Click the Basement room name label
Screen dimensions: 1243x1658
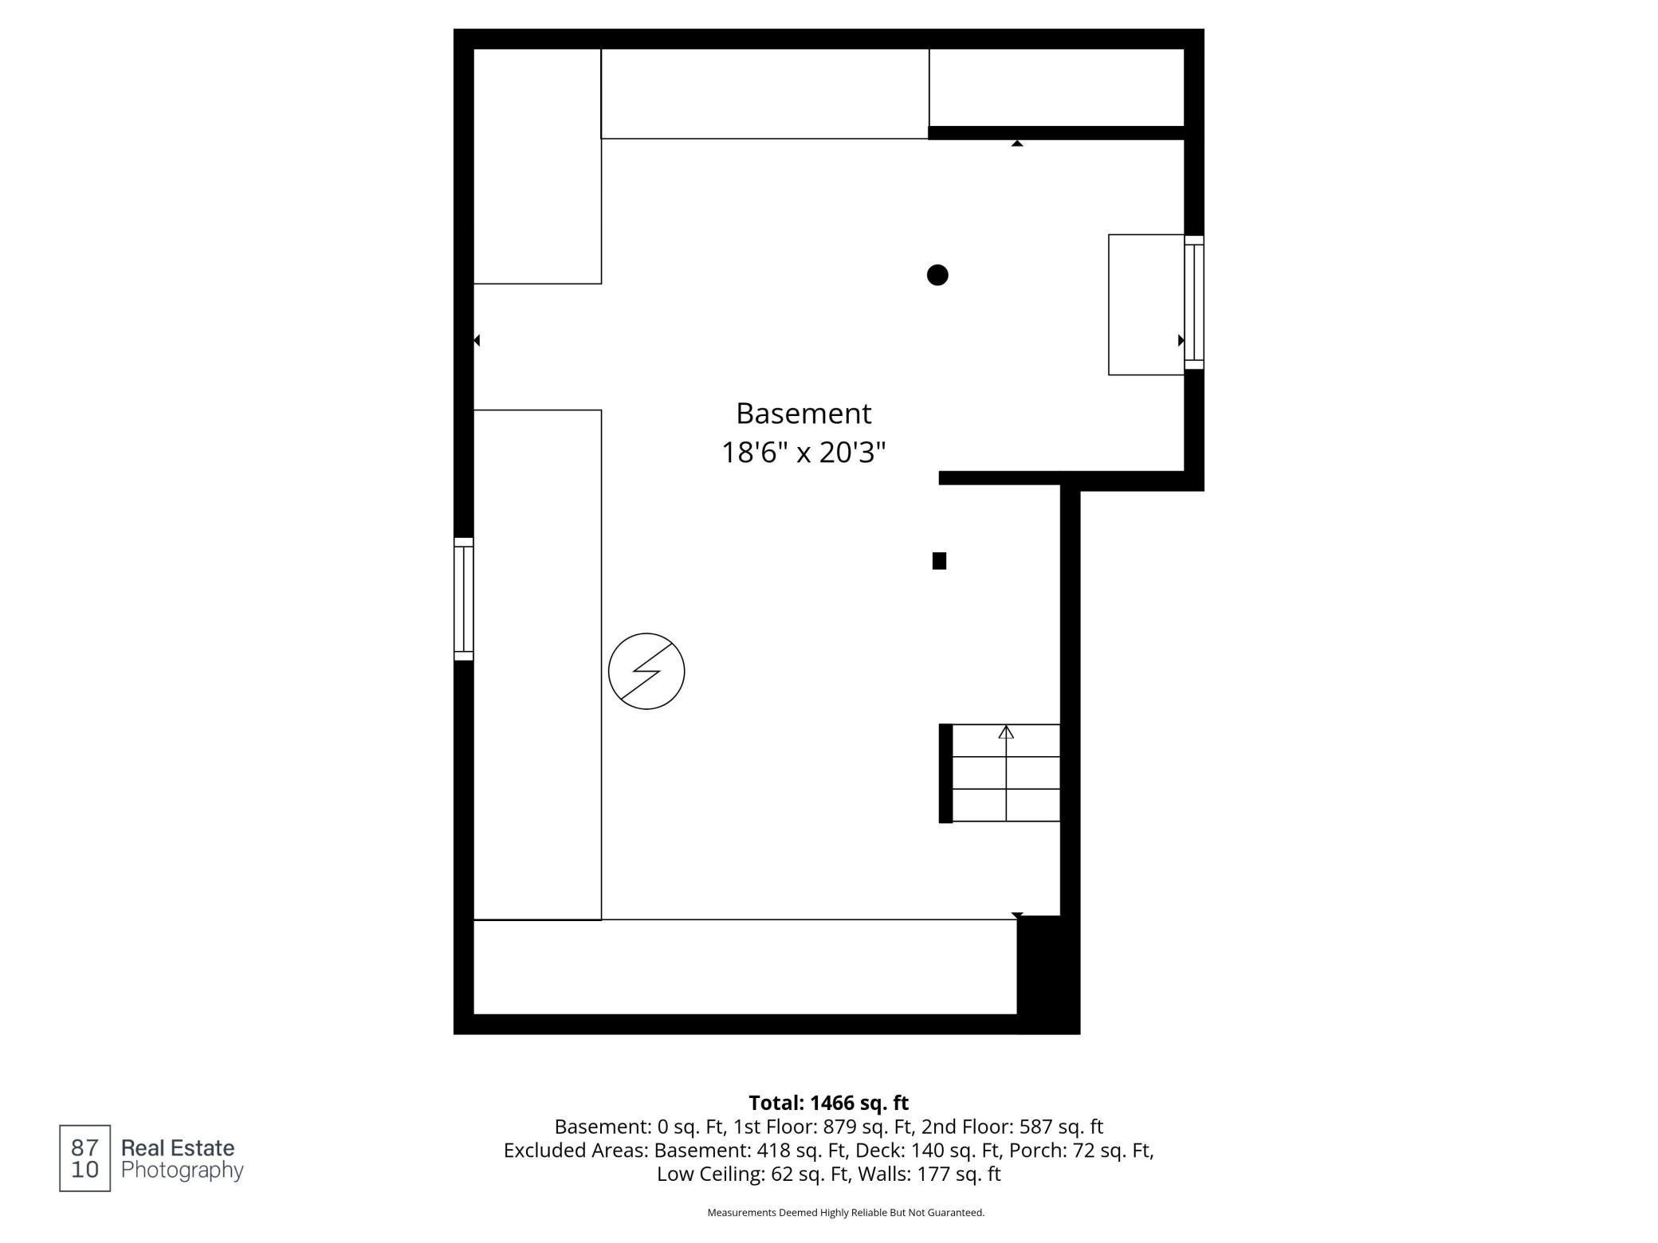point(803,414)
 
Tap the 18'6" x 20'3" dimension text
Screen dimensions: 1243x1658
point(803,453)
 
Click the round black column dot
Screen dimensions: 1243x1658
point(937,275)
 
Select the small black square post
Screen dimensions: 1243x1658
point(939,561)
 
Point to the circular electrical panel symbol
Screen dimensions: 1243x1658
point(646,671)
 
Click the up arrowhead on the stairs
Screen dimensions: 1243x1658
point(1006,731)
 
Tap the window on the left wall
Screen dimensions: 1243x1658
point(464,599)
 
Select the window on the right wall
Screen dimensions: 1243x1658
point(1193,302)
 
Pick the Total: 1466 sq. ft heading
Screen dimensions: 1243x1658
point(828,1103)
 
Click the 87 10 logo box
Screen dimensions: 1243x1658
point(84,1159)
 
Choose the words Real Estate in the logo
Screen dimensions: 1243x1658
point(178,1148)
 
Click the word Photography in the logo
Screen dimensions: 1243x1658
point(182,1170)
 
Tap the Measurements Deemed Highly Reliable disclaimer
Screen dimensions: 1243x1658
point(846,1213)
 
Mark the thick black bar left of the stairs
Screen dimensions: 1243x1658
point(945,773)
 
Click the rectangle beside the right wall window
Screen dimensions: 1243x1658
point(1145,304)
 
